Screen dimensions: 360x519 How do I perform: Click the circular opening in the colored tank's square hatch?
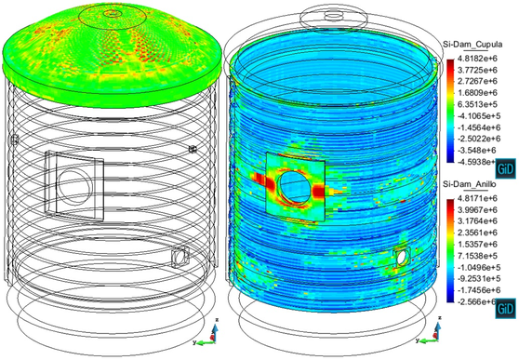point(295,187)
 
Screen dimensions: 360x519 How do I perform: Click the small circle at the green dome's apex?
point(114,13)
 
